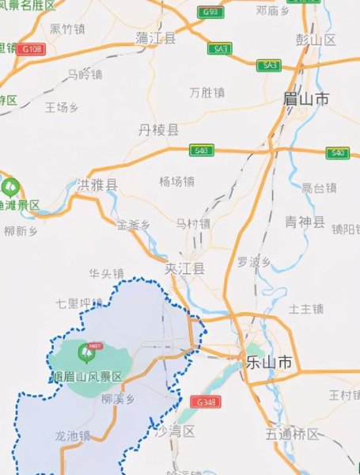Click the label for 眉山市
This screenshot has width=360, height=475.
pos(305,100)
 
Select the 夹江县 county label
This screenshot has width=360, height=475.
pos(185,269)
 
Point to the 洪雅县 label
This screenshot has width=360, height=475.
pos(97,186)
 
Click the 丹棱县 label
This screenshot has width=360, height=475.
pos(158,129)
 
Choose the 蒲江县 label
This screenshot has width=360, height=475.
pos(155,37)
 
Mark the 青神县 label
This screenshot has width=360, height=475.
pos(305,222)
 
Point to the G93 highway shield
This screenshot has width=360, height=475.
pos(210,12)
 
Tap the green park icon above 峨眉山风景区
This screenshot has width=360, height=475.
pos(86,351)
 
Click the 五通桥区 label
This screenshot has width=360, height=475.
pos(292,434)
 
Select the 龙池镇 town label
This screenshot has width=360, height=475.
pos(73,435)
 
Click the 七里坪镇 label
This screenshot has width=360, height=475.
pos(80,303)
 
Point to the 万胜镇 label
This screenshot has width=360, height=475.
pos(207,93)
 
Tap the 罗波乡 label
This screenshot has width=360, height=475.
pos(254,262)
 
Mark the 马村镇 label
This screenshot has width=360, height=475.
pos(192,224)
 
